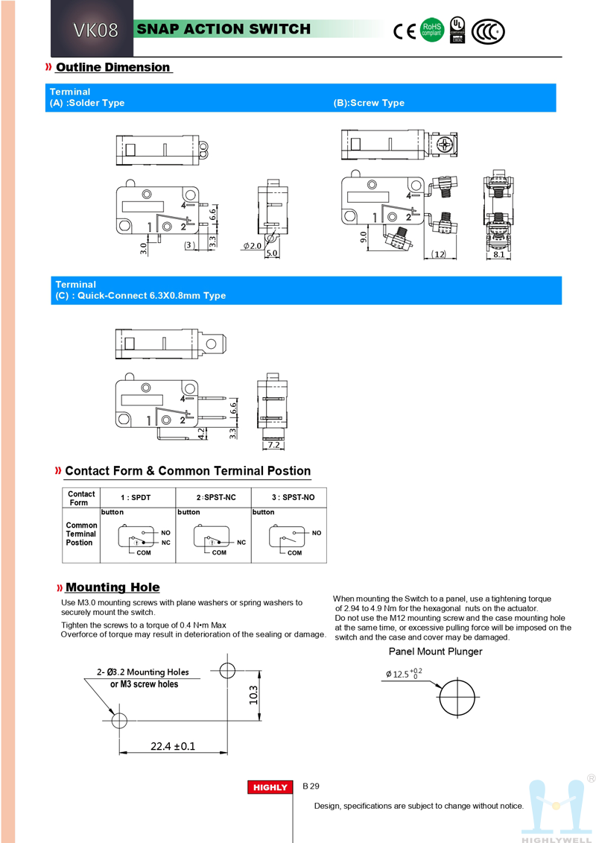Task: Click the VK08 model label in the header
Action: point(95,31)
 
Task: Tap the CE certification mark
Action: point(405,31)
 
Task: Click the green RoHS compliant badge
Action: point(432,30)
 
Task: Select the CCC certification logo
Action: point(489,31)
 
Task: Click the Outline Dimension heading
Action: point(113,67)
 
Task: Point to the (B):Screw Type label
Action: point(369,103)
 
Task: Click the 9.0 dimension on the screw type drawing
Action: point(363,237)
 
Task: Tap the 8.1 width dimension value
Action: point(499,255)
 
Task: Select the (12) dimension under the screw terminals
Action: point(438,255)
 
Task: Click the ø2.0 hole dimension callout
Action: point(253,246)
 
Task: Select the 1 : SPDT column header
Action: point(136,497)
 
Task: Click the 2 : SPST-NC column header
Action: point(216,497)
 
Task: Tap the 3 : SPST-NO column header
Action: point(291,497)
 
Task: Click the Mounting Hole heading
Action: point(112,587)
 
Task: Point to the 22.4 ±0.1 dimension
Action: point(173,745)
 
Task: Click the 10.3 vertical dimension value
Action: point(253,695)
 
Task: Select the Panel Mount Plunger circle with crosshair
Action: point(457,699)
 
